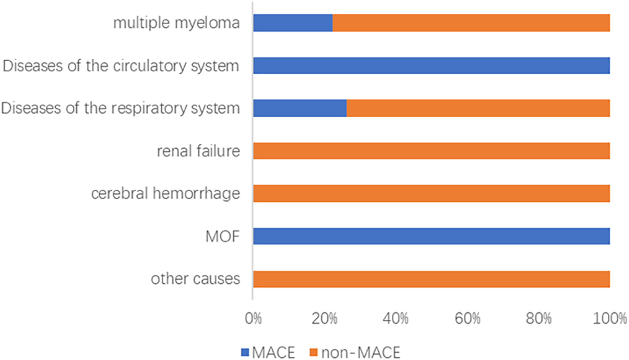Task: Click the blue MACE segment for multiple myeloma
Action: tap(292, 23)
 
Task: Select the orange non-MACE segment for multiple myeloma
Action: tap(471, 23)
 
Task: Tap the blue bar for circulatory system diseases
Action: tap(431, 66)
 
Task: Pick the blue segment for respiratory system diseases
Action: tap(300, 108)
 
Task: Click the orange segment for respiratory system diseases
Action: tap(478, 108)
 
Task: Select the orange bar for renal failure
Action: tap(431, 151)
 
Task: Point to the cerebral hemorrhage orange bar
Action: tap(431, 194)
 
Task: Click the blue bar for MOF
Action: tap(431, 236)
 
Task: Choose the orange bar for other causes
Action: tap(431, 279)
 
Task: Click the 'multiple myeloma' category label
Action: tap(176, 23)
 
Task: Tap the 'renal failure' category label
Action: tap(198, 151)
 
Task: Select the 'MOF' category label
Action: tap(222, 236)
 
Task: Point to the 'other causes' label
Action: tap(195, 279)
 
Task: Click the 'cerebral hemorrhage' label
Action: tap(165, 194)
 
